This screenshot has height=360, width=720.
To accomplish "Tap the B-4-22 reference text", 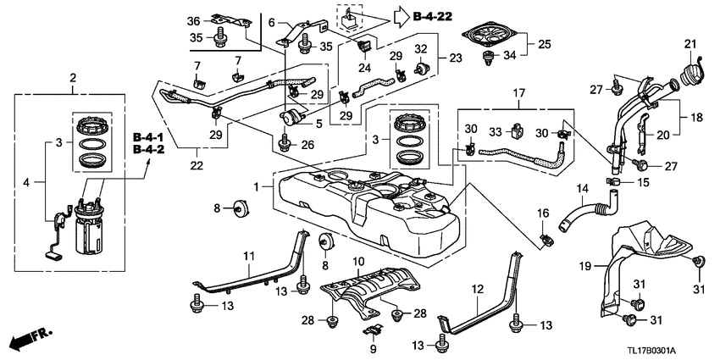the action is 433,17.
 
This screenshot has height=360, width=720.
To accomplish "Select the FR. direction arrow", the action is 30,338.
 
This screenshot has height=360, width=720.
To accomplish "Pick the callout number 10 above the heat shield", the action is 358,263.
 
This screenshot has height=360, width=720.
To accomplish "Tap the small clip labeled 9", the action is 373,330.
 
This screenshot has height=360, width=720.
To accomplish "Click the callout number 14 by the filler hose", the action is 583,188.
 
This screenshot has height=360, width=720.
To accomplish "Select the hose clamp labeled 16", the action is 546,237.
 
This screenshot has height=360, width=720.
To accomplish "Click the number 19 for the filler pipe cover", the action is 585,265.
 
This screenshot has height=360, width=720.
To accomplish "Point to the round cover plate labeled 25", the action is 491,36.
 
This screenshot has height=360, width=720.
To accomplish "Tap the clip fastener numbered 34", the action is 487,59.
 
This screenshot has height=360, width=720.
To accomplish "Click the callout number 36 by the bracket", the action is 194,20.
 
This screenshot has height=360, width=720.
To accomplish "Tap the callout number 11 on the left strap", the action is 248,256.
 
